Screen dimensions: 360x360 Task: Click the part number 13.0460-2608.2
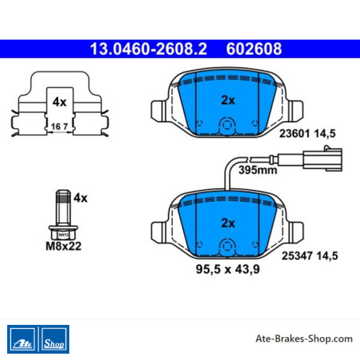[x=148, y=49]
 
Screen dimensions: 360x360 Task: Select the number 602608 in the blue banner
[x=254, y=49]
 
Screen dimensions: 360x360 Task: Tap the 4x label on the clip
[x=60, y=102]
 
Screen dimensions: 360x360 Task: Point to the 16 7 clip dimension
[x=60, y=127]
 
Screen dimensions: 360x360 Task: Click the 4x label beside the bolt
[x=80, y=198]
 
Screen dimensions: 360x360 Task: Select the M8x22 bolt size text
[x=64, y=246]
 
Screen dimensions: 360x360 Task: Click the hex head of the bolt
[x=63, y=233]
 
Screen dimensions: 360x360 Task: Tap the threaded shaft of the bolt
[x=63, y=208]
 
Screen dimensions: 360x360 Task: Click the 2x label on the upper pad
[x=228, y=100]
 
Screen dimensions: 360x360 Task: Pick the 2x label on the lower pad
[x=228, y=223]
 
